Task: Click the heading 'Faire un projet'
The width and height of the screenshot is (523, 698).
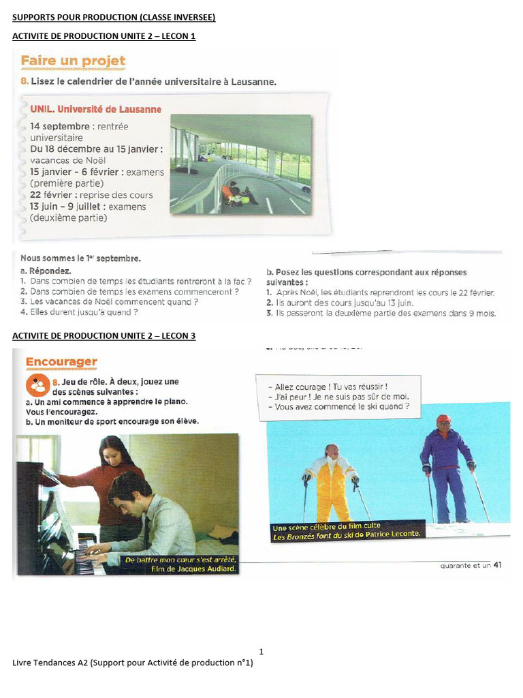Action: click(x=73, y=61)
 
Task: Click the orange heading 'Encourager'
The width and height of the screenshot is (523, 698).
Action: click(x=61, y=362)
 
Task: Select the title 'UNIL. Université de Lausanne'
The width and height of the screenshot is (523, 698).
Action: click(x=96, y=109)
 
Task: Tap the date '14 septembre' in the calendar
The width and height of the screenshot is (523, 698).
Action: click(x=59, y=127)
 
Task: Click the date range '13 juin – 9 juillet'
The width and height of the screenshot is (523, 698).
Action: click(x=67, y=207)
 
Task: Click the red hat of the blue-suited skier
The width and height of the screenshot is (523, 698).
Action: click(x=443, y=419)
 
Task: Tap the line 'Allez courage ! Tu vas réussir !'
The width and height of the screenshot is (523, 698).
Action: click(x=332, y=386)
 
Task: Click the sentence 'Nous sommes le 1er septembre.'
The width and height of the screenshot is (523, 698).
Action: click(x=80, y=258)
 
